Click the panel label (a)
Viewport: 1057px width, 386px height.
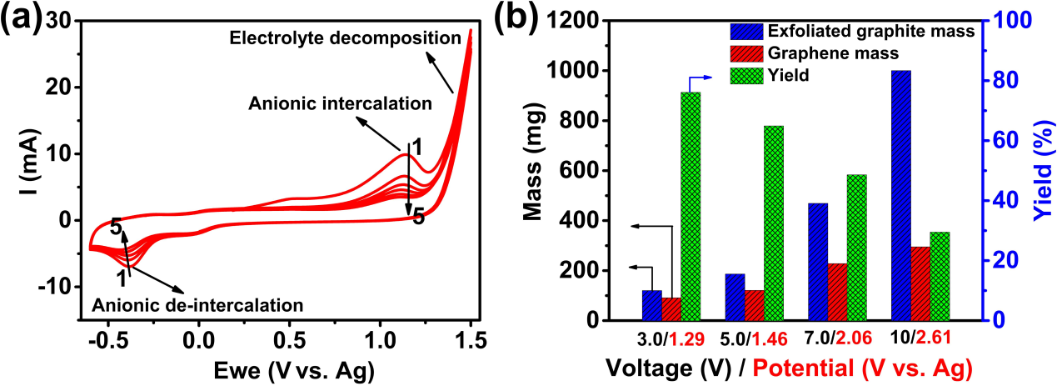[20, 18]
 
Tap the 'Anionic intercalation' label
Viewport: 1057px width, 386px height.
[340, 104]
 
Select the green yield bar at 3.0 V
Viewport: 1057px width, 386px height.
[691, 206]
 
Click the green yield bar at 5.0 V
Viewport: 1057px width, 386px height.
[774, 223]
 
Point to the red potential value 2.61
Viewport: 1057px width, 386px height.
[933, 340]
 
